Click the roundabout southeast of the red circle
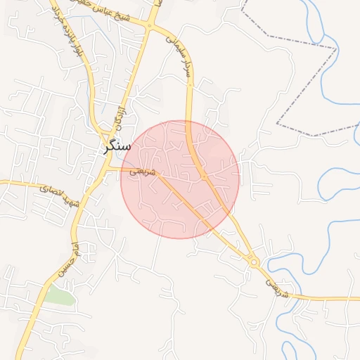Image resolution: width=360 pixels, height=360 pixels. pyautogui.click(x=254, y=262)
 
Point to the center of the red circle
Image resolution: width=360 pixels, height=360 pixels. pyautogui.click(x=180, y=179)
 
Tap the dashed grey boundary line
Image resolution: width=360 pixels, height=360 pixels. pyautogui.click(x=309, y=84)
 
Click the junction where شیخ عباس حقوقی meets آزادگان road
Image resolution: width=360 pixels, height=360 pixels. pyautogui.click(x=149, y=26)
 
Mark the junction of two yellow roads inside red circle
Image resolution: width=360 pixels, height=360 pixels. pyautogui.click(x=203, y=178)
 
